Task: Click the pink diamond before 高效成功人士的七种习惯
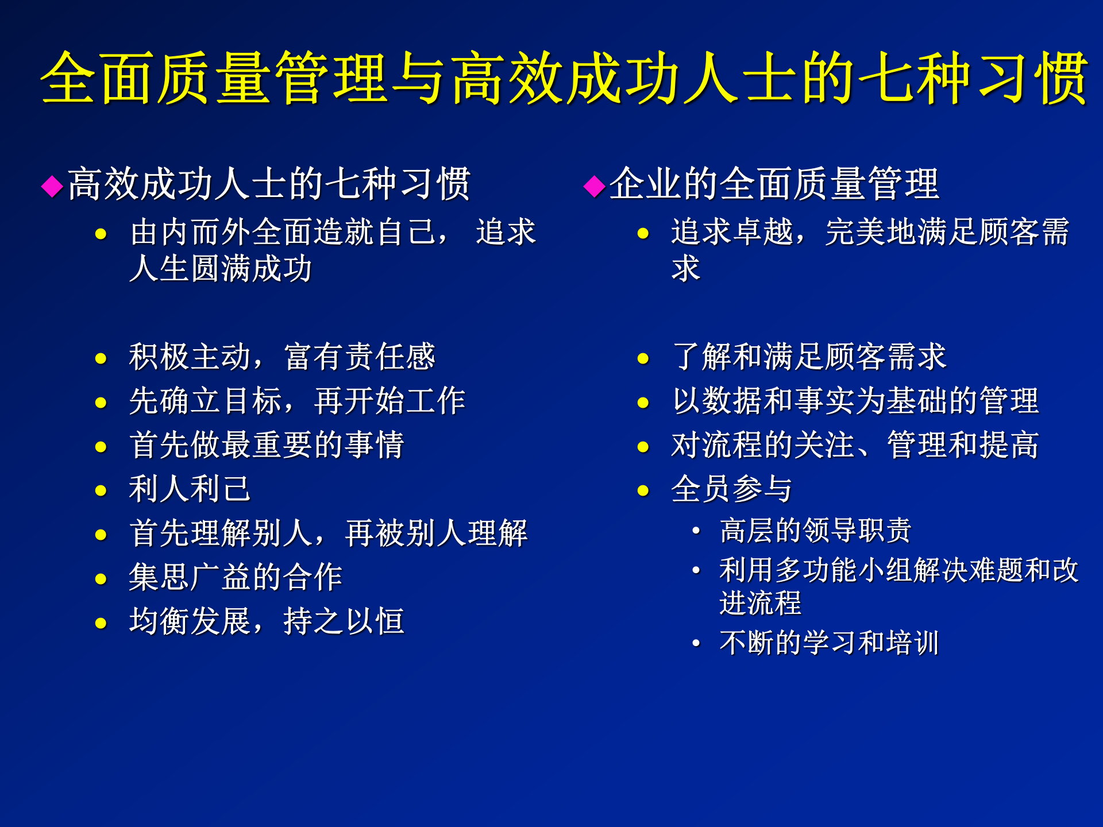[x=52, y=186]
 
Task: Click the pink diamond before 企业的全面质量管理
[x=594, y=186]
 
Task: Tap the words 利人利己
[x=190, y=489]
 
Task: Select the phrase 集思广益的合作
[x=236, y=577]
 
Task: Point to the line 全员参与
[x=731, y=489]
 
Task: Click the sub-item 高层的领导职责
[x=815, y=530]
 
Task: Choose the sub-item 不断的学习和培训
[x=828, y=643]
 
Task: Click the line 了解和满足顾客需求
[x=808, y=357]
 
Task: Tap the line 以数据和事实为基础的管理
[x=855, y=401]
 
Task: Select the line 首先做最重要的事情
[x=267, y=445]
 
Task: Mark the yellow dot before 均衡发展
[x=101, y=623]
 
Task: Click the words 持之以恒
[x=344, y=621]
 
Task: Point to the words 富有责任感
[x=360, y=357]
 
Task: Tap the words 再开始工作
[x=389, y=401]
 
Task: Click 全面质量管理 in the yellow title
[x=214, y=78]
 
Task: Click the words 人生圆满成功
[x=221, y=269]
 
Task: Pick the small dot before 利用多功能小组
[x=696, y=570]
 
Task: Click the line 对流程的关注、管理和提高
[x=855, y=445]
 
